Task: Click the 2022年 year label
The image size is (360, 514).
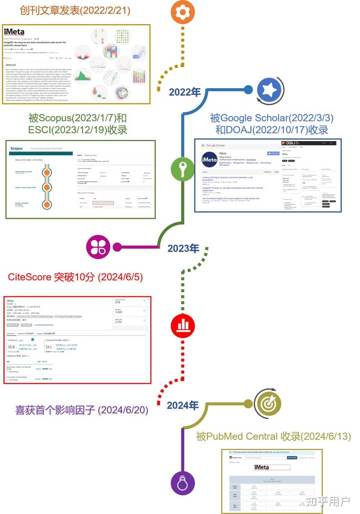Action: click(x=184, y=92)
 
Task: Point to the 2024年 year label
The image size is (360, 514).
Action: click(x=183, y=405)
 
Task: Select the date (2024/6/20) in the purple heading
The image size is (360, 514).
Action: click(x=123, y=410)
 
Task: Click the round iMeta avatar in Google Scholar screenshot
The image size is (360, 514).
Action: click(x=209, y=159)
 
